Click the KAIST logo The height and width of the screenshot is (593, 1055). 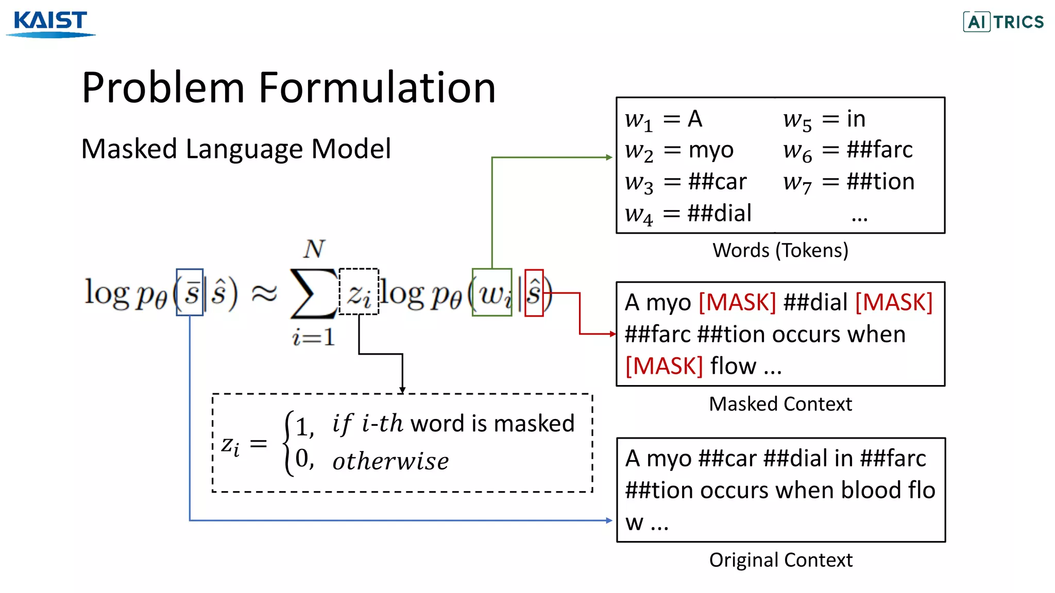click(50, 23)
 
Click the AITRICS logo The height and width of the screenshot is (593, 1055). click(1003, 22)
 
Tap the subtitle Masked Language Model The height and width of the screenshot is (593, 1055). click(236, 149)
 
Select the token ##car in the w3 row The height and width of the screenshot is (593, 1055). click(717, 182)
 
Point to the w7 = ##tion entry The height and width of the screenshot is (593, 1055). click(848, 182)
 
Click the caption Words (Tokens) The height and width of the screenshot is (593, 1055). click(780, 250)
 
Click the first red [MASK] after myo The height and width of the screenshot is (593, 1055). click(737, 302)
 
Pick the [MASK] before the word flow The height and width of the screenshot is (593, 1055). click(664, 366)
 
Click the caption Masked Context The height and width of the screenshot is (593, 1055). click(780, 404)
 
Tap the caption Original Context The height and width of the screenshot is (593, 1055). click(780, 560)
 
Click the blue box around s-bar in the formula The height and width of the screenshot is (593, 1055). click(190, 292)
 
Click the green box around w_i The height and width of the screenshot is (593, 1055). click(492, 292)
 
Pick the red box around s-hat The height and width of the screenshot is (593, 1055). click(534, 292)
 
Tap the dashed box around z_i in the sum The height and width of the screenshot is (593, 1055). click(359, 291)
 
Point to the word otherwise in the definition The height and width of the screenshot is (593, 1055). click(390, 461)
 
